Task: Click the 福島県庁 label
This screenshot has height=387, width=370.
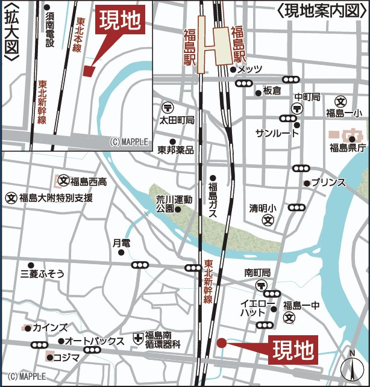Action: [x=348, y=147]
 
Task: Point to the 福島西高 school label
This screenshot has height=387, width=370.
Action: [x=89, y=182]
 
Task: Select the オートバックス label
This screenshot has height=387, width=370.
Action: [x=94, y=341]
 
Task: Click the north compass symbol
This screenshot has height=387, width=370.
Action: [x=351, y=367]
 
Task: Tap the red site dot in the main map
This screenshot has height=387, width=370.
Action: [x=221, y=343]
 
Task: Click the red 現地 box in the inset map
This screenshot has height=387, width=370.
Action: [x=120, y=21]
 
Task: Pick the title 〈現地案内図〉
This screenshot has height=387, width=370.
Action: [x=322, y=10]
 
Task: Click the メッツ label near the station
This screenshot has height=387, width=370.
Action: [x=250, y=70]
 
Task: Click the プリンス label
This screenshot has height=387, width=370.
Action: [x=328, y=182]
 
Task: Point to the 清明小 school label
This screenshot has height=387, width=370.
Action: [x=263, y=208]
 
